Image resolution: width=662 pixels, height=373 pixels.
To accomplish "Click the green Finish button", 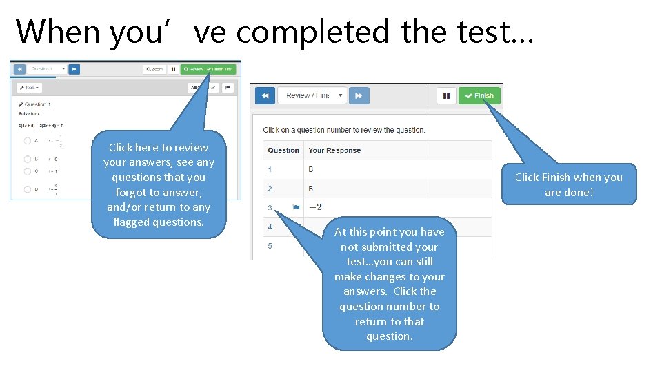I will [x=479, y=96].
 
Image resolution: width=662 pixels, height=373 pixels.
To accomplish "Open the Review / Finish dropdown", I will [x=312, y=96].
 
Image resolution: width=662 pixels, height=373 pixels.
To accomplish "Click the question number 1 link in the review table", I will [x=270, y=169].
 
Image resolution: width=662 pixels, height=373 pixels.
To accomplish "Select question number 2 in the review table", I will [x=270, y=189].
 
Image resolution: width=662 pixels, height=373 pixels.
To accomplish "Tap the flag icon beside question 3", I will [x=296, y=207].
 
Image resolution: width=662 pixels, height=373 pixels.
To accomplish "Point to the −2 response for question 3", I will [x=315, y=207].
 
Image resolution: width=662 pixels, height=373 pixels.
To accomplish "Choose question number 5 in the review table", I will [x=270, y=246].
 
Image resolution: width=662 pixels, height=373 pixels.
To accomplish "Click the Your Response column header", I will [x=334, y=150].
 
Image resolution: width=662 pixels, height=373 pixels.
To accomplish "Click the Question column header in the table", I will [x=283, y=150].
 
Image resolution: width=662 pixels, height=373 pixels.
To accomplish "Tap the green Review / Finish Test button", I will [x=208, y=69].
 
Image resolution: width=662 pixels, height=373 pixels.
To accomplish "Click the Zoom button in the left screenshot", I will [x=154, y=69].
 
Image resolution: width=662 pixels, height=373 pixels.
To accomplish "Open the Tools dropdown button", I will [x=30, y=88].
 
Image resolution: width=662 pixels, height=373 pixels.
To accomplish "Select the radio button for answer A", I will [x=28, y=140].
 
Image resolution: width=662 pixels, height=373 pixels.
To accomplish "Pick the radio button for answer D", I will [x=28, y=189].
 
